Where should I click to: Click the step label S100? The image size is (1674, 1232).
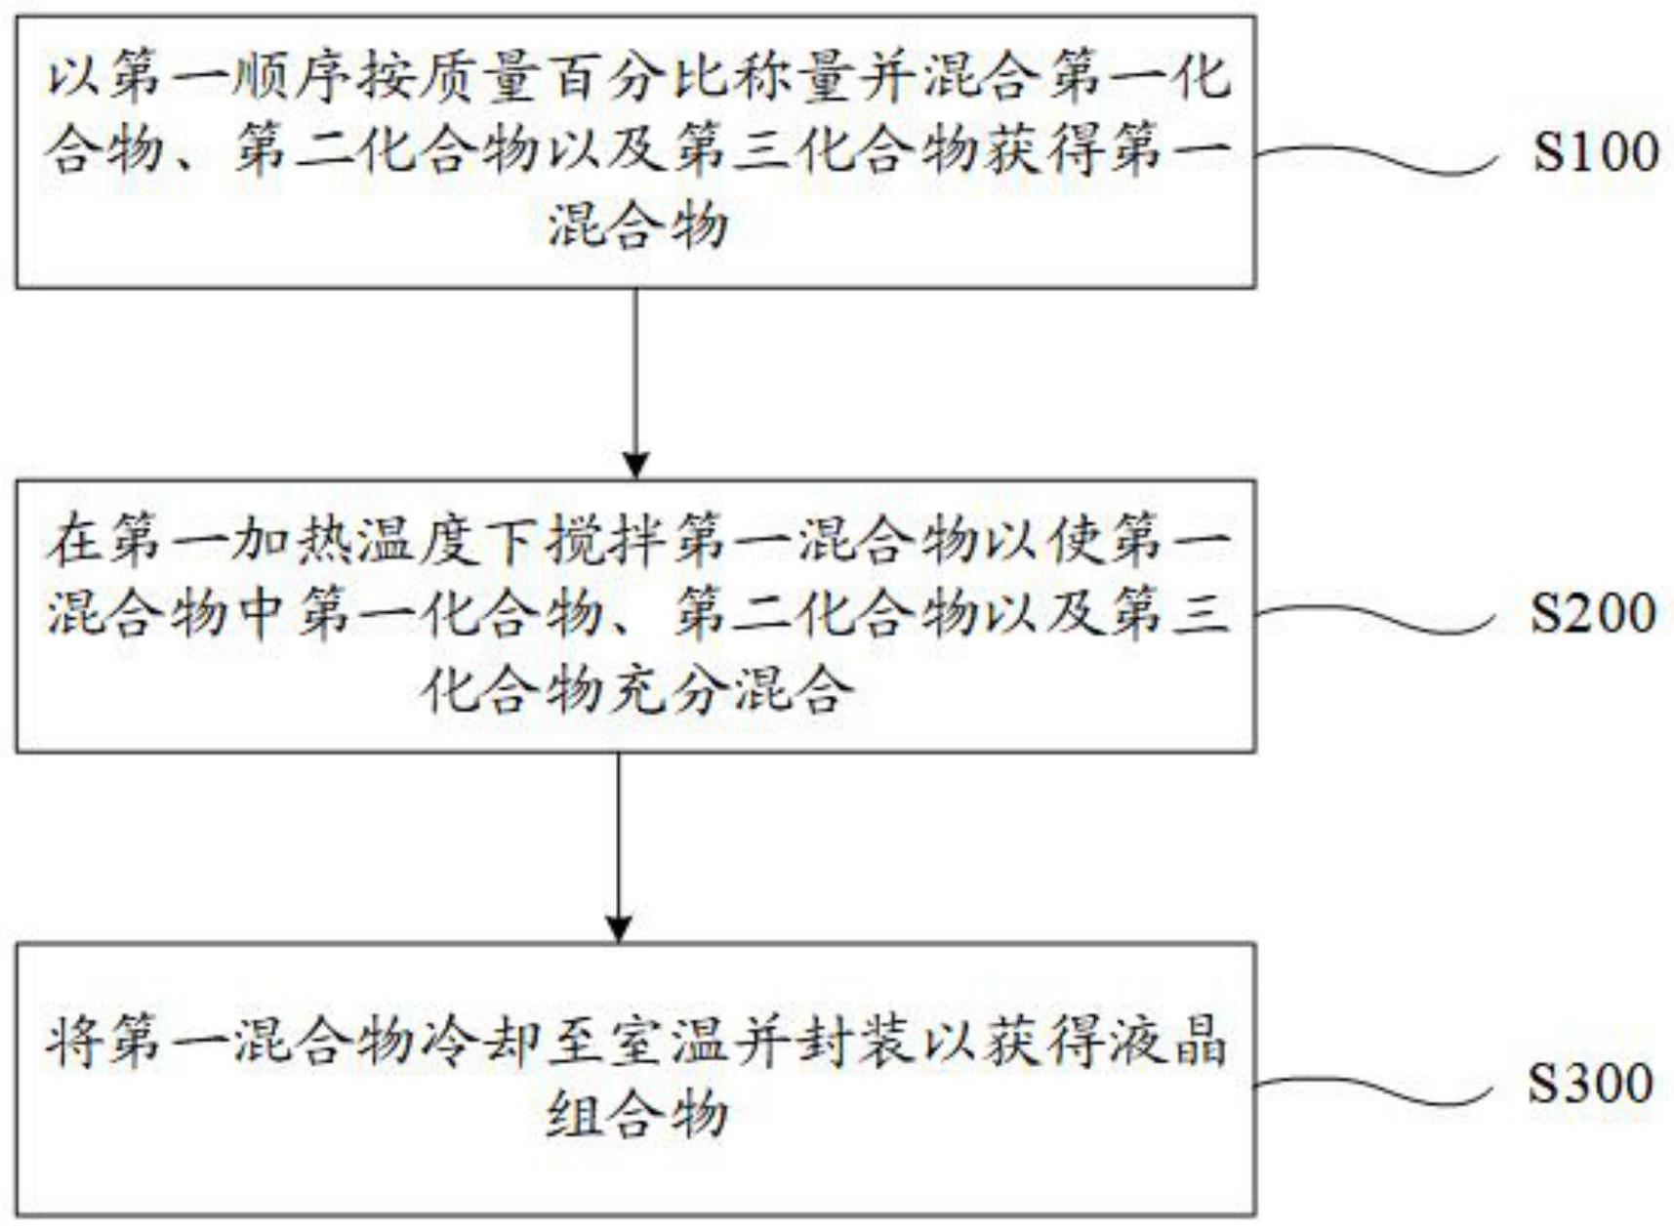(x=1595, y=151)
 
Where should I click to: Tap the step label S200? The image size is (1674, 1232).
(x=1592, y=613)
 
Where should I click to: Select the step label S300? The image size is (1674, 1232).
(x=1590, y=1083)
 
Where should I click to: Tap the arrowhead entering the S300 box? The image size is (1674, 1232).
(x=619, y=928)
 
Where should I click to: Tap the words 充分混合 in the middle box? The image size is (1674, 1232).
(x=730, y=691)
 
